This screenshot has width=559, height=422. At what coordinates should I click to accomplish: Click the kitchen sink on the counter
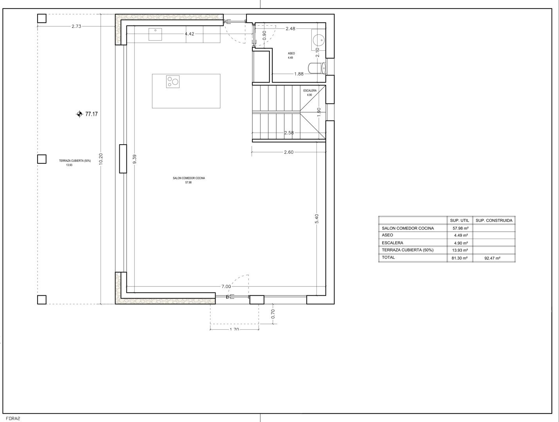click(156, 34)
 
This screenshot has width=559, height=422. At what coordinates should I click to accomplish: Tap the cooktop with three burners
click(173, 81)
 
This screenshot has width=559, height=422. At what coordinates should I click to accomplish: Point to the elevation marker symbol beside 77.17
click(79, 114)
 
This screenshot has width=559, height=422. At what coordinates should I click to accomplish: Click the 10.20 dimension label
click(101, 159)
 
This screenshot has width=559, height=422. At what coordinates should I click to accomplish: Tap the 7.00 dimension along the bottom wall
click(226, 286)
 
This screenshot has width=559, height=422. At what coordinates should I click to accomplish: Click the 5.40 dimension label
click(317, 218)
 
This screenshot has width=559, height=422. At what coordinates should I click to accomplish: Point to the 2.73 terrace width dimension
click(76, 27)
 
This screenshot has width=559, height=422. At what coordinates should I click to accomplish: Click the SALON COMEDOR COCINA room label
click(189, 178)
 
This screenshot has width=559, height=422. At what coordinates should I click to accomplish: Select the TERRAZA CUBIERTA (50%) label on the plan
click(75, 161)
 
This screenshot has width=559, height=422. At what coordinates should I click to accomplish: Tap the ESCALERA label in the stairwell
click(310, 91)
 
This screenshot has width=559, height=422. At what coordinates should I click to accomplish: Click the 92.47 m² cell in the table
click(492, 258)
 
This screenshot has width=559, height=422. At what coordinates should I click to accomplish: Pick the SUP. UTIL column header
click(459, 220)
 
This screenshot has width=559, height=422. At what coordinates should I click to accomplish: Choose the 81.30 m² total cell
click(460, 258)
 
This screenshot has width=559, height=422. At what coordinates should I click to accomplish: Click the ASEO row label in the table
click(387, 235)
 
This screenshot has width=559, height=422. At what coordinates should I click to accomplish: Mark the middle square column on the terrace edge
click(41, 159)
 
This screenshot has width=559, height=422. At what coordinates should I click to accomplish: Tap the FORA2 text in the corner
click(13, 418)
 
